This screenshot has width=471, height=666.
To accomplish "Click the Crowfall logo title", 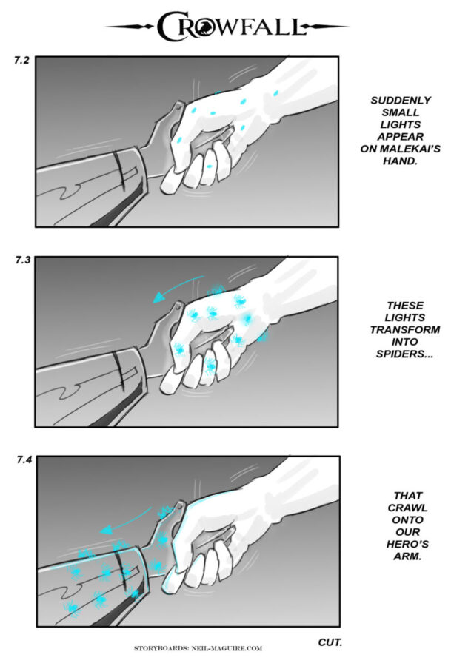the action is [232, 27].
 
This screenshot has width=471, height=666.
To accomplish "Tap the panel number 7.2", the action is [21, 61].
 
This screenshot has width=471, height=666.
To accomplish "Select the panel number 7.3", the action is [23, 260].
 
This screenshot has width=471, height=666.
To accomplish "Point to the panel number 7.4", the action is [24, 460].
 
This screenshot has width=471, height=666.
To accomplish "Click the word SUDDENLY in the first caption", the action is [401, 101].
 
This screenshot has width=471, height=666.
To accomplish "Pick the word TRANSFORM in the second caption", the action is [404, 330].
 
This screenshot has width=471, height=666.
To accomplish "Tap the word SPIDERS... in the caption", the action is [404, 354].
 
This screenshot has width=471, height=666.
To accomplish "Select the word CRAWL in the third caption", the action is [407, 508].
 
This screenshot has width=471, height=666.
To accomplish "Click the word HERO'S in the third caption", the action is [407, 544].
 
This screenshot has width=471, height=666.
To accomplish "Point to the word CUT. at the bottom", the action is [330, 642].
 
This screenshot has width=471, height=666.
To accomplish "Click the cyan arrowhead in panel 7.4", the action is [106, 530].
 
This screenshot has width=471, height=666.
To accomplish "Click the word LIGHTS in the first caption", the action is [400, 125].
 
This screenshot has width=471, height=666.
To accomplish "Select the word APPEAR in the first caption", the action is [401, 137].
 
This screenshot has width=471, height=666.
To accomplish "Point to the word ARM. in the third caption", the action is [407, 556].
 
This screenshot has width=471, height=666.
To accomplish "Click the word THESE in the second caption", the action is [404, 306].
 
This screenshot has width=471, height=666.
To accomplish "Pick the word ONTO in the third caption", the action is [407, 520].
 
